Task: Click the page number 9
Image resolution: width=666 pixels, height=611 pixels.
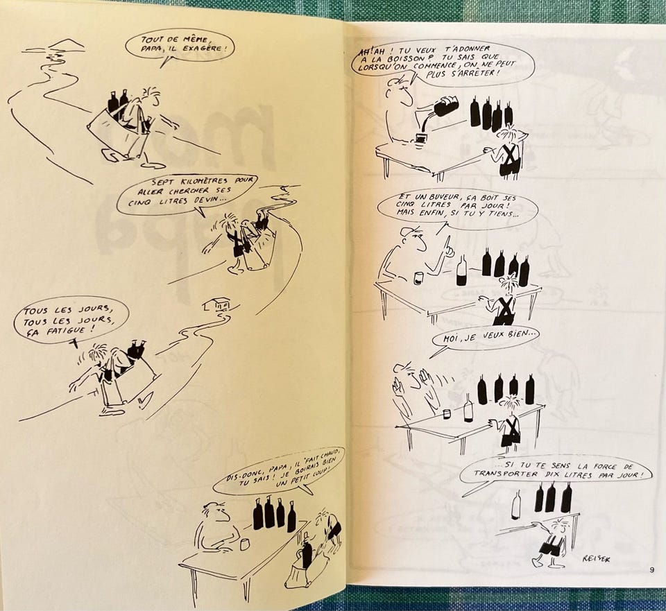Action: coord(651,570)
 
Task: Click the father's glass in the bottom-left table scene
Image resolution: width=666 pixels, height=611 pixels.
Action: coord(244,544)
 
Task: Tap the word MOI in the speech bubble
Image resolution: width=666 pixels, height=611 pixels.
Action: coord(452,338)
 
